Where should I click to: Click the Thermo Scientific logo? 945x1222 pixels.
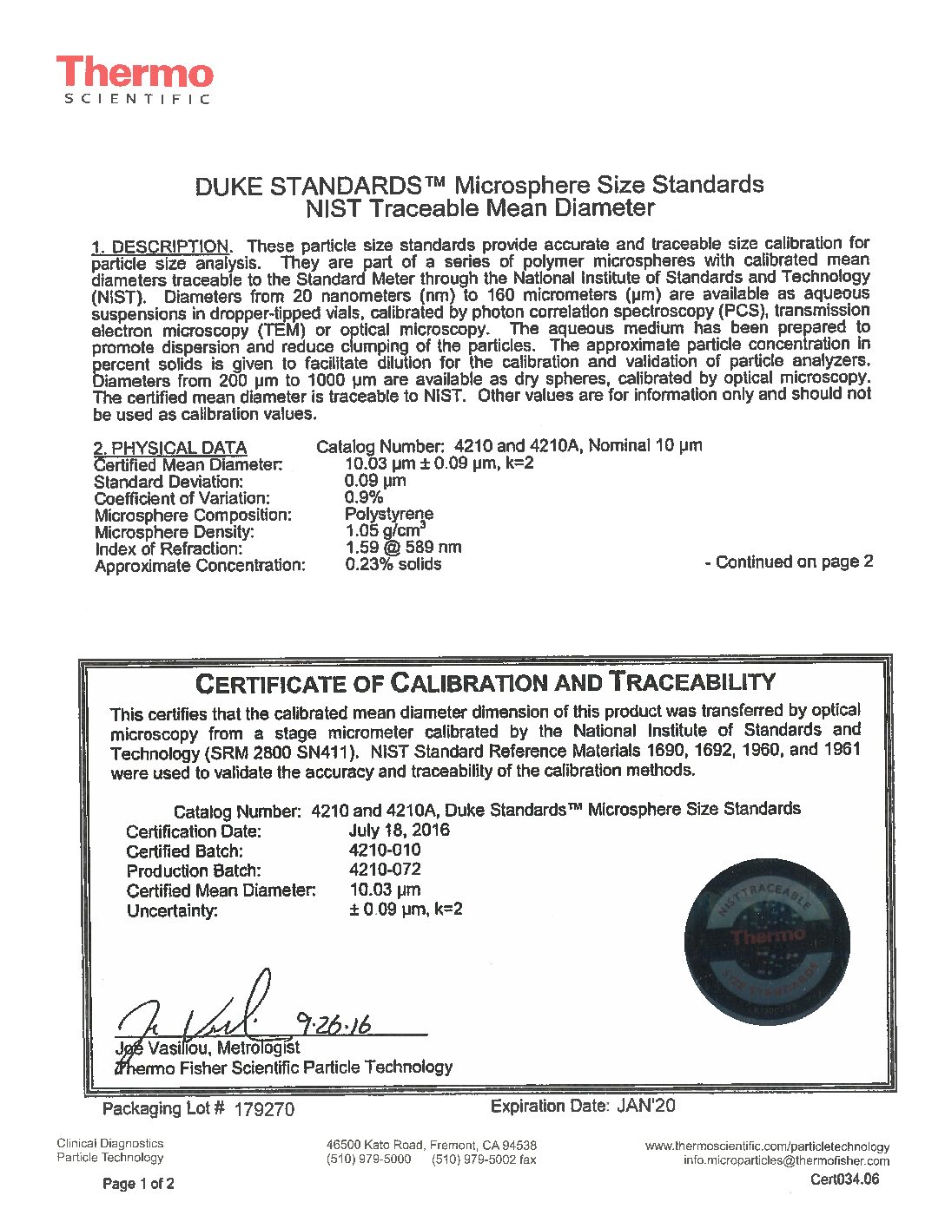135,80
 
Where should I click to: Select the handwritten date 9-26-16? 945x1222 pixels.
334,1024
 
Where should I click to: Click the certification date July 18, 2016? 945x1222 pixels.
399,830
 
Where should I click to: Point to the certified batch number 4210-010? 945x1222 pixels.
385,850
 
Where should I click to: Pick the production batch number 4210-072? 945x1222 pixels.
385,870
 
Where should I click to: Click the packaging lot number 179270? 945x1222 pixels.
264,1109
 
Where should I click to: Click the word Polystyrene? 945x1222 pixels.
388,514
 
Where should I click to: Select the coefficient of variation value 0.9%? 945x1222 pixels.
364,497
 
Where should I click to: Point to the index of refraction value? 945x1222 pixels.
403,548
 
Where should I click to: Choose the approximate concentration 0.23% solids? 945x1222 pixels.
393,564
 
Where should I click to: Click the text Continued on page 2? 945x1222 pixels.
789,562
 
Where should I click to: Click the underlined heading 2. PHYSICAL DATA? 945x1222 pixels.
170,448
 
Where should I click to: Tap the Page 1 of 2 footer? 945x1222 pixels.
138,1184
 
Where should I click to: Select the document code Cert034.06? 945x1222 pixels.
844,1179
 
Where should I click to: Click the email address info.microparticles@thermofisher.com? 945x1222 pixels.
786,1160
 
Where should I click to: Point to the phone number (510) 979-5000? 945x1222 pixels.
368,1160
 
